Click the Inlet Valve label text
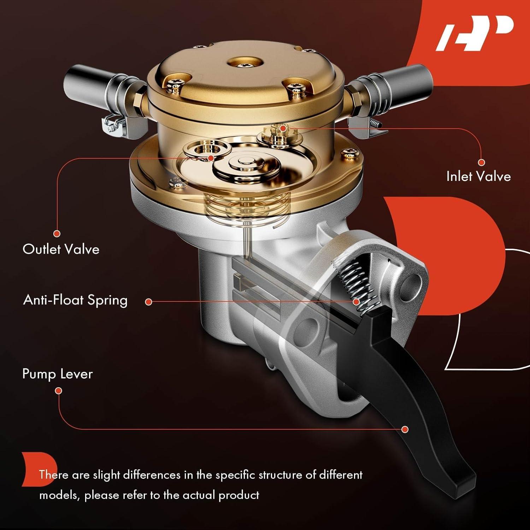point(478,176)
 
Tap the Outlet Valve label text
point(61,249)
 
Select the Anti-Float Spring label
point(75,300)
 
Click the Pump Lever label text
point(57,374)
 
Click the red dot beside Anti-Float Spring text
point(149,302)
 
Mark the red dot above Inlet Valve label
point(481,163)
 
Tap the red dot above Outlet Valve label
point(57,234)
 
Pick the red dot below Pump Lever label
point(59,390)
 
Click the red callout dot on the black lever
point(405,429)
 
